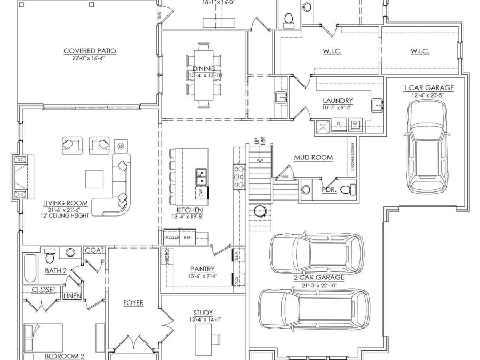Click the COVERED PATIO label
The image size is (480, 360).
coord(90,51)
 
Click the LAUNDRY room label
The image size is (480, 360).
coord(338,100)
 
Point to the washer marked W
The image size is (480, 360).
coord(354,124)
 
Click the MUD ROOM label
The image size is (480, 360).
coord(314,157)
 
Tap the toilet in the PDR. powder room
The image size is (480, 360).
coord(346,188)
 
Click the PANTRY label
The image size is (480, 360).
coord(202,269)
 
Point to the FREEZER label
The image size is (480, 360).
coord(171,237)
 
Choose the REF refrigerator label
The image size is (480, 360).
coord(187,237)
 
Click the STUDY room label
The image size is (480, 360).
coord(203,313)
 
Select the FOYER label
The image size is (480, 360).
coord(133,303)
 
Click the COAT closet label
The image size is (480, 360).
coord(94,250)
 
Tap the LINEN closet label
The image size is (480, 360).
coord(73,295)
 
